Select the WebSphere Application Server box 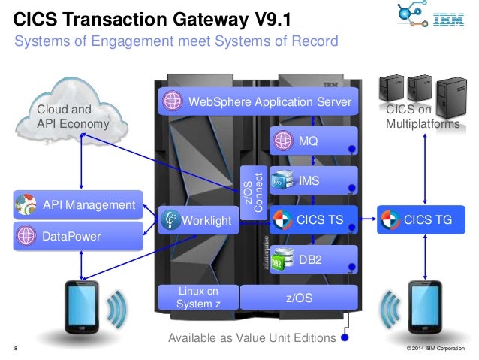pyautogui.click(x=257, y=101)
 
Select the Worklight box pyautogui.click(x=197, y=220)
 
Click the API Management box pyautogui.click(x=78, y=204)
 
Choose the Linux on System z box pyautogui.click(x=197, y=298)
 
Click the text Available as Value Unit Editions pyautogui.click(x=252, y=338)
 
